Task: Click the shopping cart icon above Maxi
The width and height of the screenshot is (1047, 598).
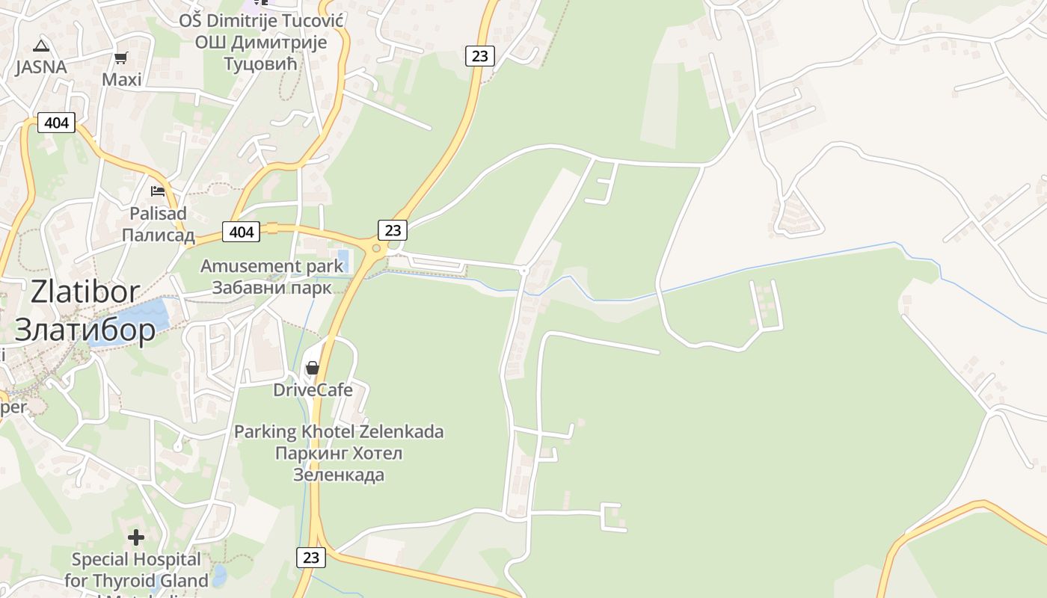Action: coord(120,58)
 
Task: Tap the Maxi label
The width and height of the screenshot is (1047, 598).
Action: coord(122,79)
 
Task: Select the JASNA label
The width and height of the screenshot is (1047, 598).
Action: coord(41,67)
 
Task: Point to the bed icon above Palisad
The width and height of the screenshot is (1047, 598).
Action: coord(158,191)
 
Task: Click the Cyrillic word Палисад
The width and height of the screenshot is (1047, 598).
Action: coord(158,235)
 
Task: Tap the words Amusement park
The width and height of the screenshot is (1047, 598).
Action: coord(271,266)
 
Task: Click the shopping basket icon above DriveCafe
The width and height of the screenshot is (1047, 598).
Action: coord(313,367)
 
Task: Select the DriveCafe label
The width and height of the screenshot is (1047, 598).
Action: coord(313,389)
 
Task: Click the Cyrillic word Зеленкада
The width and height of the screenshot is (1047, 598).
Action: coord(339,474)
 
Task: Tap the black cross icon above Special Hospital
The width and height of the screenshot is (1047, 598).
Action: coord(136,537)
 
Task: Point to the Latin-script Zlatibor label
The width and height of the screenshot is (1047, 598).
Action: coord(85,292)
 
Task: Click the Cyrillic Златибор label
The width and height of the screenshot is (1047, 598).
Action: coord(85,330)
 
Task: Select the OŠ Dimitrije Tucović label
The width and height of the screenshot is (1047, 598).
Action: coord(261,20)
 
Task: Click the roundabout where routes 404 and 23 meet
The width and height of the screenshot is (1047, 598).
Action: coord(376,249)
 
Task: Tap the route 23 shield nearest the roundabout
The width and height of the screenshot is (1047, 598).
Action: coord(393,230)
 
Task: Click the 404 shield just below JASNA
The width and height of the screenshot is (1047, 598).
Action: coord(57,122)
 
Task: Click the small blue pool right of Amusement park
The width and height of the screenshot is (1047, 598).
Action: coord(344,261)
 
